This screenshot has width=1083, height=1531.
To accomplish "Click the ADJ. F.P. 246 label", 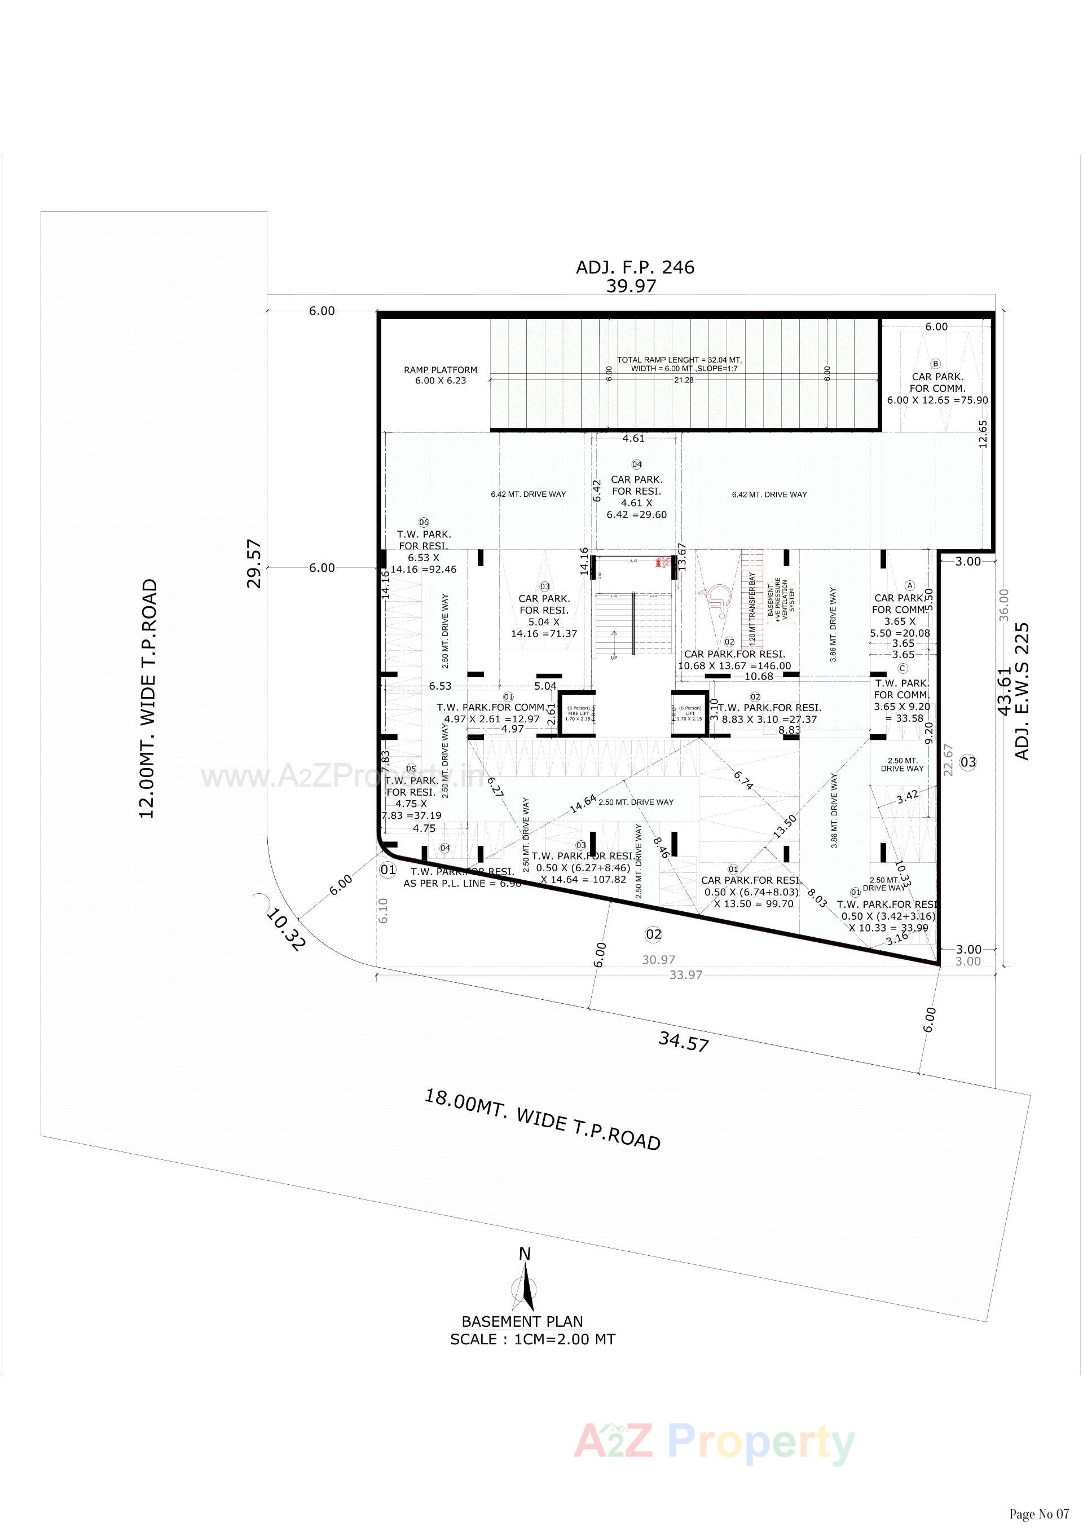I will pyautogui.click(x=635, y=267).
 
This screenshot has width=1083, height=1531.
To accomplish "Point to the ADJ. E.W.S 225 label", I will pyautogui.click(x=1022, y=691).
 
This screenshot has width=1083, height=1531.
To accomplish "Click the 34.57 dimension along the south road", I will pyautogui.click(x=683, y=1042).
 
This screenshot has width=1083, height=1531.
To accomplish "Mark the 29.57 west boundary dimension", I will pyautogui.click(x=256, y=563).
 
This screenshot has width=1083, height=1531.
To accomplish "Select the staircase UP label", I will pyautogui.click(x=614, y=658).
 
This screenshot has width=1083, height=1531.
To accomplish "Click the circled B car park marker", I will pyautogui.click(x=935, y=364).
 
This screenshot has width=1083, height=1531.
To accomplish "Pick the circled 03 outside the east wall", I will pyautogui.click(x=968, y=761).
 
